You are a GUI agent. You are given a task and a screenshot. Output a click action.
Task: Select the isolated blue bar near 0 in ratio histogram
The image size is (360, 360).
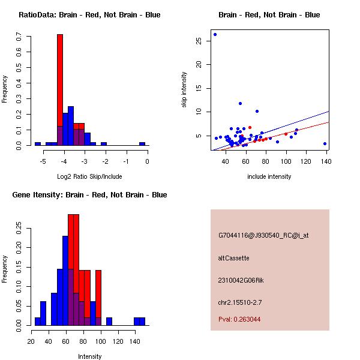tap(142, 144)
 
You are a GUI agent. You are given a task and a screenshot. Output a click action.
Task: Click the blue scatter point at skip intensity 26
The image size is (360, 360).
tap(215, 35)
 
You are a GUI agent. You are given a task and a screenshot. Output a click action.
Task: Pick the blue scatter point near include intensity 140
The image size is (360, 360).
tap(325, 144)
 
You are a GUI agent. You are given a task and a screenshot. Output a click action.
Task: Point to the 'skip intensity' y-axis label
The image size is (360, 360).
tap(184, 90)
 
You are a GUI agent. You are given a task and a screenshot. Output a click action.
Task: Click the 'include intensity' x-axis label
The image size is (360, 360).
tap(269, 177)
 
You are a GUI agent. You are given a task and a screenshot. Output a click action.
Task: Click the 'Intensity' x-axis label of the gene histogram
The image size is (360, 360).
tap(89, 356)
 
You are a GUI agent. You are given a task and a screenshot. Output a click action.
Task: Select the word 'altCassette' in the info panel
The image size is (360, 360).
tap(233, 258)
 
